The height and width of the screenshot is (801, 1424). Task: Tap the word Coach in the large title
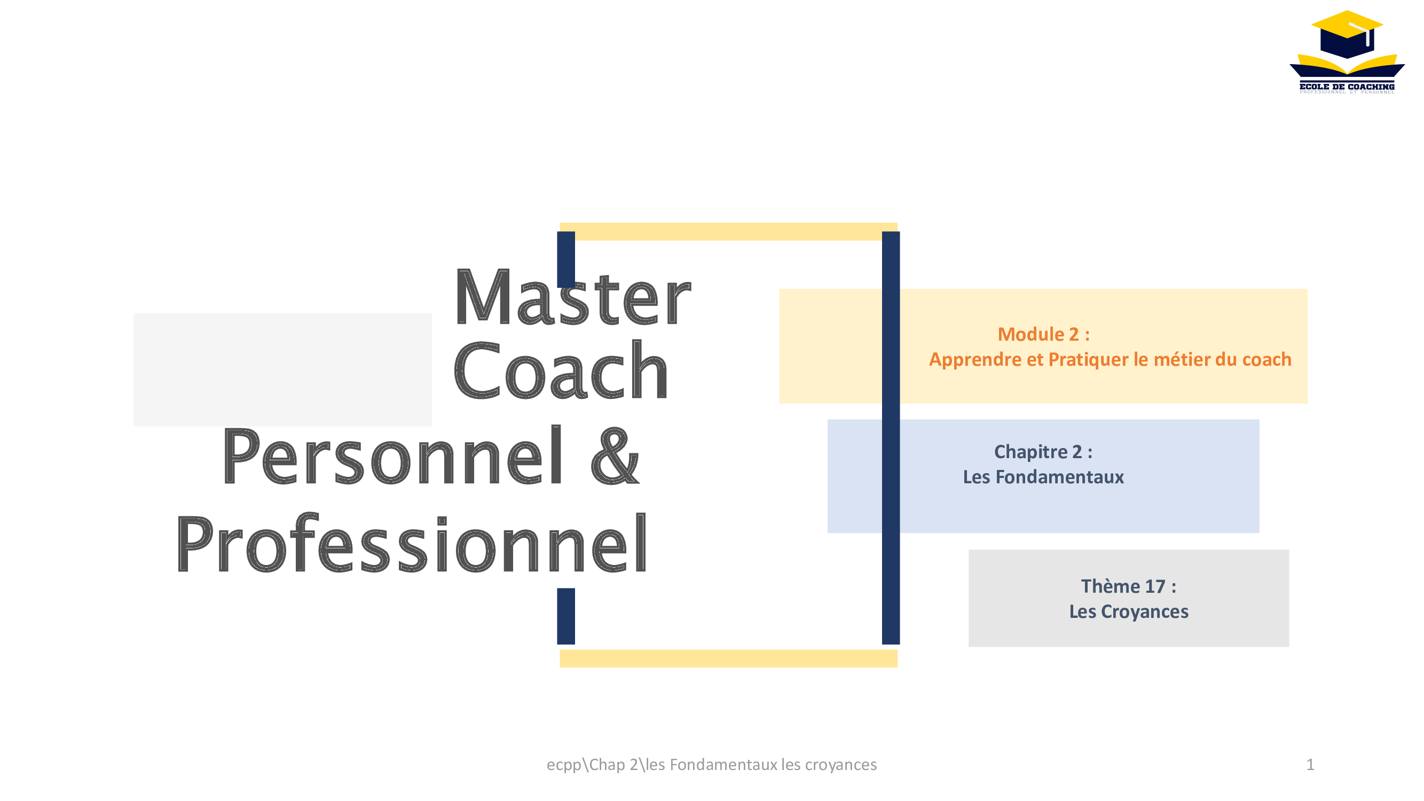coord(561,370)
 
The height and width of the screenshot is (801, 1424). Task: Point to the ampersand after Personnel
coord(615,456)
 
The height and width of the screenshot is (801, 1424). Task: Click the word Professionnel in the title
coord(411,544)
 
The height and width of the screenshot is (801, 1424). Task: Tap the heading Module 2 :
coord(1044,334)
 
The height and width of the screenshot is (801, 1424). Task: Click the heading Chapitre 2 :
coord(1043,452)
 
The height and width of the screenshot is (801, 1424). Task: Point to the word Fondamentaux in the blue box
coord(1060,477)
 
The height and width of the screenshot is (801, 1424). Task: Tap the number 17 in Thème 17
coord(1155,586)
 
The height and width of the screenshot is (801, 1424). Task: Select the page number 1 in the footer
coord(1310,765)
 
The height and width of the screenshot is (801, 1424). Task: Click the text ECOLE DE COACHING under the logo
coord(1347,87)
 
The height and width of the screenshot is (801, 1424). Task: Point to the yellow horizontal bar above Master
coord(729,232)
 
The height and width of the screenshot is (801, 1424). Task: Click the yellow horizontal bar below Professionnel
coord(729,658)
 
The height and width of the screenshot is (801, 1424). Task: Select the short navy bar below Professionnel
coord(566,616)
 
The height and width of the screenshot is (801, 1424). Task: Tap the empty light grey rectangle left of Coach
coord(282,370)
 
